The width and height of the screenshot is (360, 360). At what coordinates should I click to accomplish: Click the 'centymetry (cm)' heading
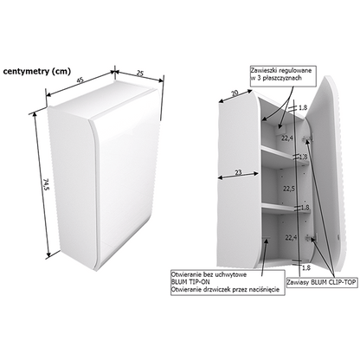[36, 72]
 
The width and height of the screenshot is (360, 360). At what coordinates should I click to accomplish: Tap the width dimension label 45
[80, 80]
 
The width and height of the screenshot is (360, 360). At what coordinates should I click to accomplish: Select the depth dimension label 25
[139, 74]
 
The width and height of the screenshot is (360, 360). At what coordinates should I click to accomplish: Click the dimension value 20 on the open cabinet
[235, 93]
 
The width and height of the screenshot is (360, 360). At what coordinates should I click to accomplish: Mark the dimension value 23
[238, 172]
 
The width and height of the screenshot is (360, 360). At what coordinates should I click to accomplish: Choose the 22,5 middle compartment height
[289, 189]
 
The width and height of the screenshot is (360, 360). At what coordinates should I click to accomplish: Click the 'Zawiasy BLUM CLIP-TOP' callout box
[322, 282]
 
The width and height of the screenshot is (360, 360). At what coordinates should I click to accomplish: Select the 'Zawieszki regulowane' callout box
[283, 76]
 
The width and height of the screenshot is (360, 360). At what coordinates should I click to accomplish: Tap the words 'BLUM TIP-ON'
[190, 282]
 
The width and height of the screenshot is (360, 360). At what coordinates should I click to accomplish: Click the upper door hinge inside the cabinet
[306, 139]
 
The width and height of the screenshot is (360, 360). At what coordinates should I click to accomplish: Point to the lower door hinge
[311, 238]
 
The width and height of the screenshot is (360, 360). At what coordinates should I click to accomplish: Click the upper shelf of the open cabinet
[285, 155]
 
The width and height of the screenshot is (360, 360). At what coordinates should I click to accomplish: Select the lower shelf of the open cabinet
[286, 208]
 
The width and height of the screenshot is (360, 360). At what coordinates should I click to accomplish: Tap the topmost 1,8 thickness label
[303, 108]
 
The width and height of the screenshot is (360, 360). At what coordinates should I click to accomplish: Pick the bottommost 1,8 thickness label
[305, 267]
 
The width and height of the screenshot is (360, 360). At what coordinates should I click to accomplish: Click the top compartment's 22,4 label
[287, 138]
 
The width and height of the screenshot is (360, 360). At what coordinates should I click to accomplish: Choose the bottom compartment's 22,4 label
[291, 238]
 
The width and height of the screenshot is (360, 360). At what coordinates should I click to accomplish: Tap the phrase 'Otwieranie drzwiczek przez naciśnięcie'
[225, 290]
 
